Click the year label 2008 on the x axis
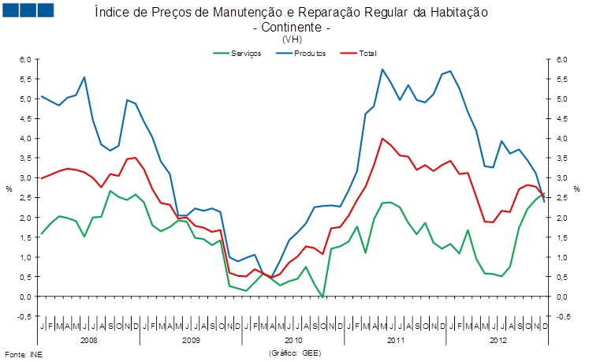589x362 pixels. point(88,341)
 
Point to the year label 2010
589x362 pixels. point(293,341)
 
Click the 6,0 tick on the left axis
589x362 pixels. point(24,59)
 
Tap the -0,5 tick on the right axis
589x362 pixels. point(562,316)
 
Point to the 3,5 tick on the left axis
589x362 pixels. point(24,159)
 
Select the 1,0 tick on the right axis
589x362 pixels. point(561,257)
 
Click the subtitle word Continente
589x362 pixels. point(291,27)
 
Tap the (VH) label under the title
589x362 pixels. point(291,39)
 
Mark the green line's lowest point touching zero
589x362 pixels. point(322,297)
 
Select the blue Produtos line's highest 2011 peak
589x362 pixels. point(382,69)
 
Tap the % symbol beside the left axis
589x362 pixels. point(8,188)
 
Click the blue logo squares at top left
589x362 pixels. point(28,9)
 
